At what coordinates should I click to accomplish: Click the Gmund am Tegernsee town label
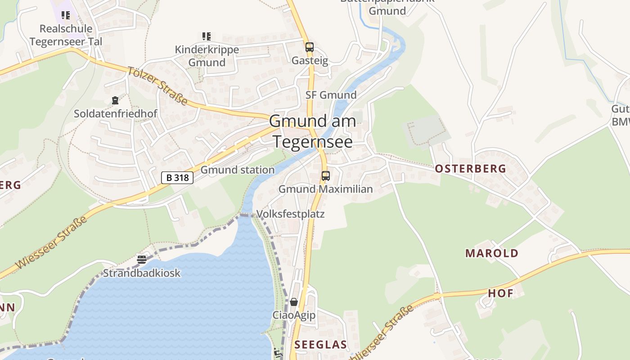tap(313, 131)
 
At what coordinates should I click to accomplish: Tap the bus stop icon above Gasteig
tap(309, 47)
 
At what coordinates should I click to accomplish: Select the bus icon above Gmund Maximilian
tap(325, 176)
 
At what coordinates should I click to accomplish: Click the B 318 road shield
tap(177, 178)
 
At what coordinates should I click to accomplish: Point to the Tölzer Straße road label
tap(157, 86)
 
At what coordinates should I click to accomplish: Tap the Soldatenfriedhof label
tap(116, 113)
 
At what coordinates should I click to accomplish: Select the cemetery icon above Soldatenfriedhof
tap(115, 100)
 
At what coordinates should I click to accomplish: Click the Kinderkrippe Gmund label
tap(207, 56)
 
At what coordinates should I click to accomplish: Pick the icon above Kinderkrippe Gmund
tap(207, 36)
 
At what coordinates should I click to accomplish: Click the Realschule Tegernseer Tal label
tap(66, 35)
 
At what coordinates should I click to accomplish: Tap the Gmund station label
tap(237, 170)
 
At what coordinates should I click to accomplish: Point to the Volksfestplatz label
tap(290, 213)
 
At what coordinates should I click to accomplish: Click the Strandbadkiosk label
tap(142, 273)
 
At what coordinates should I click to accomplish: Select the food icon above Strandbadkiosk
tap(142, 259)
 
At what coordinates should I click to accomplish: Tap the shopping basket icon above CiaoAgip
tap(294, 302)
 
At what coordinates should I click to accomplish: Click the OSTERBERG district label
tap(470, 169)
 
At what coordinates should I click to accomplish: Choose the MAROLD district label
tap(492, 253)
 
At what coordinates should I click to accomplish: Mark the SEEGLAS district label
tap(320, 345)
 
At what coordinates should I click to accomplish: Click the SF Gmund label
tap(331, 95)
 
